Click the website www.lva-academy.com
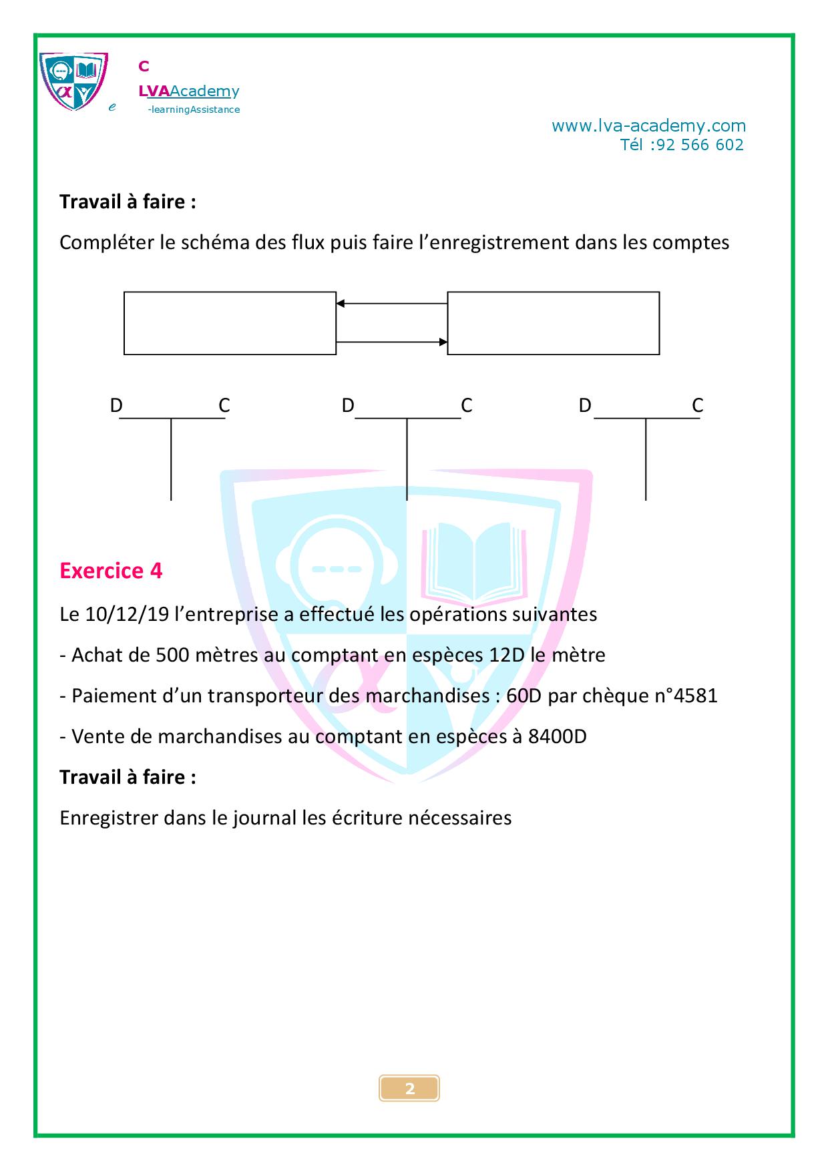(x=648, y=126)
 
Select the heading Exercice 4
(x=111, y=571)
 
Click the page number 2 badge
(x=409, y=1088)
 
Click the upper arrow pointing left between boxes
(x=392, y=304)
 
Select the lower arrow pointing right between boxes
(x=392, y=342)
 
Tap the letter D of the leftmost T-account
(x=116, y=405)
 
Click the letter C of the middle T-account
(x=466, y=405)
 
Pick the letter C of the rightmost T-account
(x=697, y=405)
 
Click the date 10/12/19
(x=127, y=614)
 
